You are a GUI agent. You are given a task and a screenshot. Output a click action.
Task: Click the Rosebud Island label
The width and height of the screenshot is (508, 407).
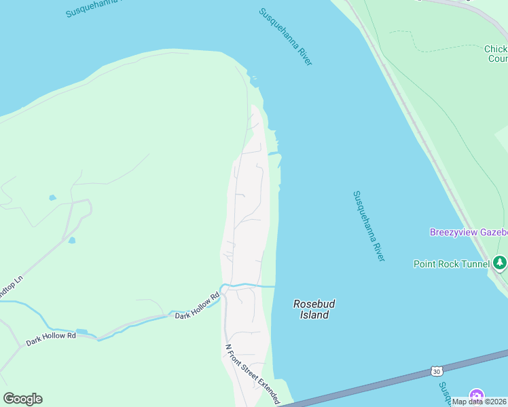pyautogui.click(x=314, y=309)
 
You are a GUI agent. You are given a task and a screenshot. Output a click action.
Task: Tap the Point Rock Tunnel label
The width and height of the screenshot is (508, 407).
pyautogui.click(x=451, y=264)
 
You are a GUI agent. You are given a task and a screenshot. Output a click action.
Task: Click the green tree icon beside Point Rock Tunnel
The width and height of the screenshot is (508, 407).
pyautogui.click(x=500, y=262)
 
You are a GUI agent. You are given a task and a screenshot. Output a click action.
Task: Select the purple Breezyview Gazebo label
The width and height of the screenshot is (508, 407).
pyautogui.click(x=468, y=232)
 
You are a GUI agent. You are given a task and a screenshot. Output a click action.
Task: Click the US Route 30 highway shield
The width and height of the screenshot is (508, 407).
pyautogui.click(x=437, y=371)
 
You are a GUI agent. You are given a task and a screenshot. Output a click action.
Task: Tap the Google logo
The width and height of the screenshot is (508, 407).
pyautogui.click(x=23, y=399)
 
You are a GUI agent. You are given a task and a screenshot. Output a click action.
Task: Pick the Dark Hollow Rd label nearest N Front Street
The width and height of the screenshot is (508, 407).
pyautogui.click(x=197, y=307)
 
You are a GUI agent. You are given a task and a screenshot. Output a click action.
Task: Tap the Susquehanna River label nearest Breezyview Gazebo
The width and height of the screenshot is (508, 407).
pyautogui.click(x=369, y=226)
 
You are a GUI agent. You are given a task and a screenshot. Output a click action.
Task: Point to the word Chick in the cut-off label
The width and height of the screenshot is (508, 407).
pyautogui.click(x=495, y=49)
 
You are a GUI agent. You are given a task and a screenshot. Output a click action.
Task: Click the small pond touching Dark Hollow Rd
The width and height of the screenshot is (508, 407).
pyautogui.click(x=82, y=332)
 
